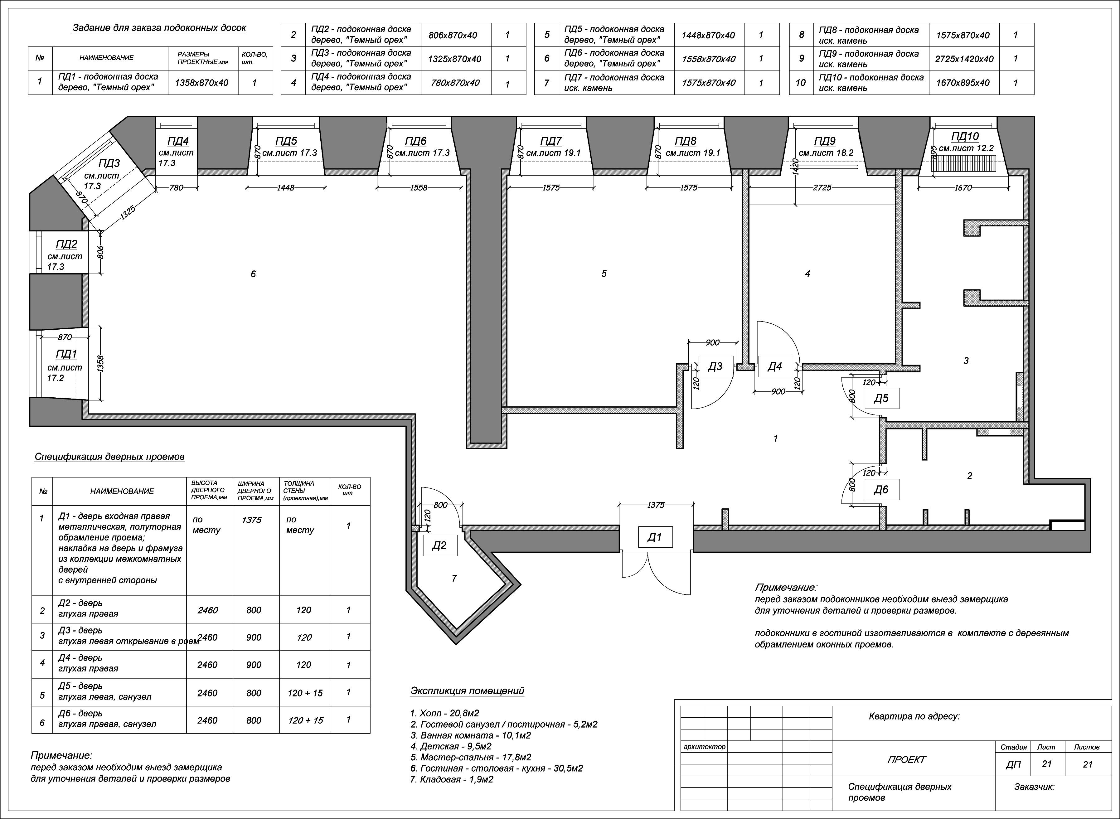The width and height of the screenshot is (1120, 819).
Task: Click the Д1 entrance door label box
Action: [x=655, y=537]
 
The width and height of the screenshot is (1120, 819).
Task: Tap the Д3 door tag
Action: [x=715, y=366]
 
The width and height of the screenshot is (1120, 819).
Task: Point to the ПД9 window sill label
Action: [x=824, y=141]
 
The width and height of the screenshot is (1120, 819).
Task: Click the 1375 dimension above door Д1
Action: [x=656, y=505]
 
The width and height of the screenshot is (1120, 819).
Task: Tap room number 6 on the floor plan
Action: [x=253, y=274]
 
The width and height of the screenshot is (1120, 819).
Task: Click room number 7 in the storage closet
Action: [x=454, y=578]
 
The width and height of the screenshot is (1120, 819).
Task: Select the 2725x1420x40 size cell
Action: [x=964, y=59]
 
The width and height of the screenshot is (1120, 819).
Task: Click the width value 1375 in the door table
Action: [x=252, y=520]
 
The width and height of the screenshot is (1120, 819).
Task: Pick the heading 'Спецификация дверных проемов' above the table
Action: [x=109, y=457]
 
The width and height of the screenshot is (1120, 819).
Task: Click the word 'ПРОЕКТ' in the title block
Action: [x=906, y=759]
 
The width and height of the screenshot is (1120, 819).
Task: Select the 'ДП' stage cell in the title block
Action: [x=1013, y=764]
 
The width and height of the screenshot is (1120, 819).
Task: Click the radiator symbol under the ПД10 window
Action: [x=963, y=163]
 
